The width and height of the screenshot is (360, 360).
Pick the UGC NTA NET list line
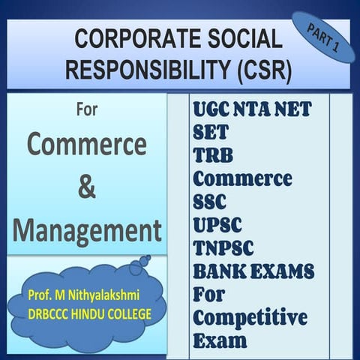point(252,109)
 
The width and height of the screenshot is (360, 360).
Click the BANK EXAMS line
point(253,271)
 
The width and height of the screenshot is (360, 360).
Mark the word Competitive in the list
point(250,317)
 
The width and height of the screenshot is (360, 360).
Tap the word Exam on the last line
point(219,340)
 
